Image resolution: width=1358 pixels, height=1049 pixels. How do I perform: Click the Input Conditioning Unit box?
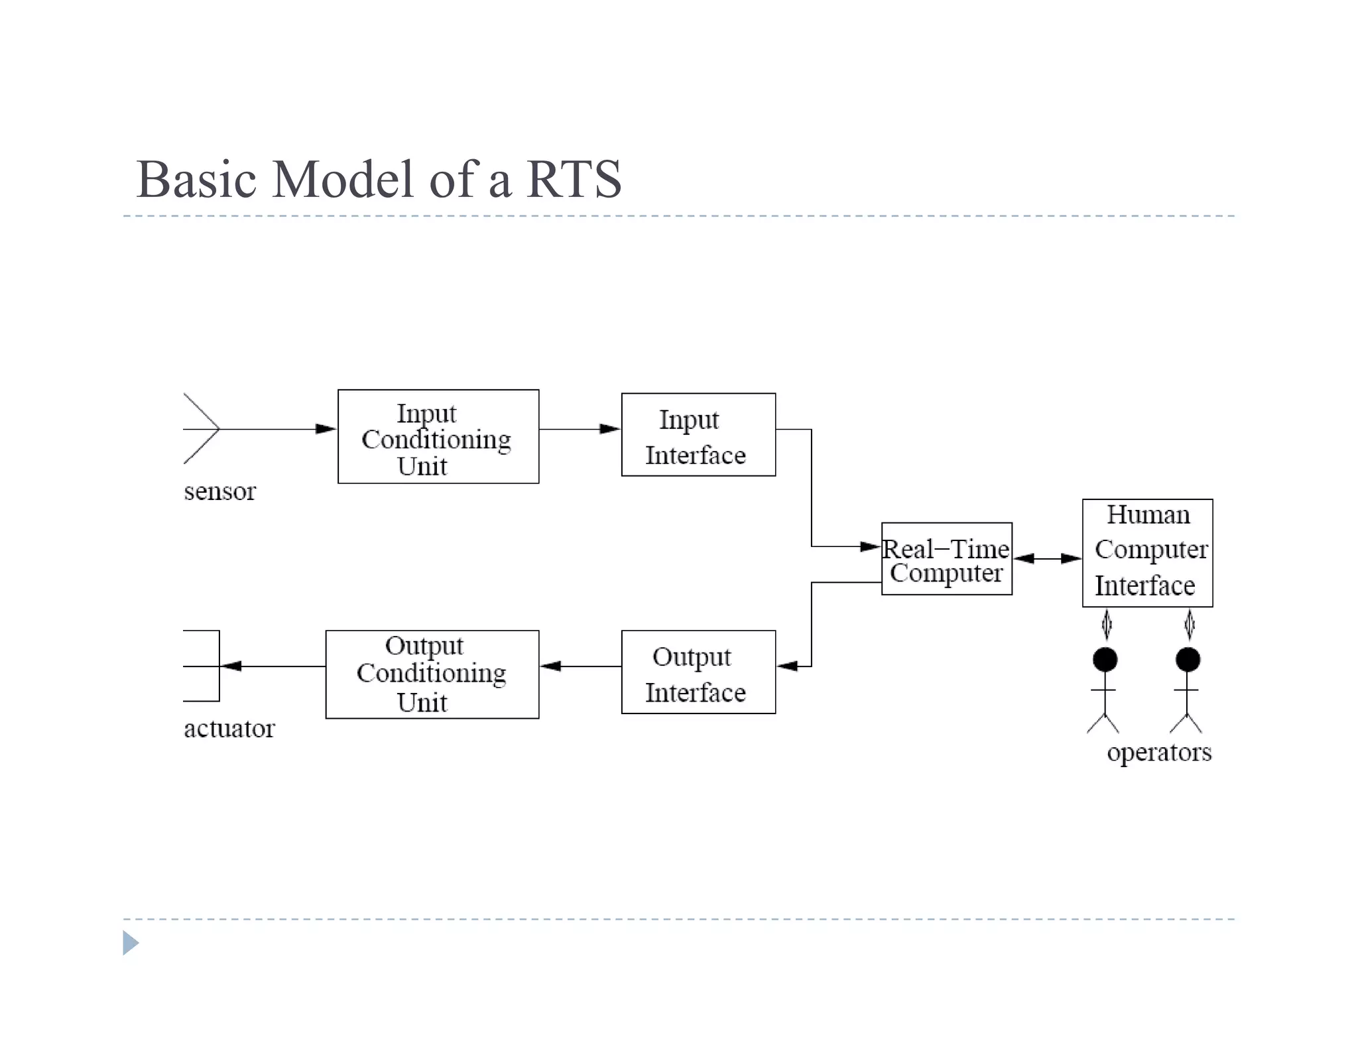tap(438, 436)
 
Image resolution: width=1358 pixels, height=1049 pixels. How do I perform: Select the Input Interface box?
tap(698, 434)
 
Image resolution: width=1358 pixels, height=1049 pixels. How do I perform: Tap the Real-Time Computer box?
tap(946, 558)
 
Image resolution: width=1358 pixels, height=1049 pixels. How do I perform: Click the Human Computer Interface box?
tap(1147, 552)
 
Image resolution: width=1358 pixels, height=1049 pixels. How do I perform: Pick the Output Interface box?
tap(698, 672)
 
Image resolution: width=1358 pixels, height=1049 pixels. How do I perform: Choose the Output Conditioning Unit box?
tap(432, 674)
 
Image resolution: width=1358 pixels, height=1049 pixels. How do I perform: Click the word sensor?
tap(219, 491)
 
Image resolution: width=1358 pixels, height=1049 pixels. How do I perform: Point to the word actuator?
tap(229, 729)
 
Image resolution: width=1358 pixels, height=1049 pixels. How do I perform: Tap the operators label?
tap(1158, 752)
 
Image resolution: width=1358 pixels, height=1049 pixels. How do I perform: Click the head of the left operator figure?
tap(1105, 659)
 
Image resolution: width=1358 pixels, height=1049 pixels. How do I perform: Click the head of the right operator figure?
tap(1188, 659)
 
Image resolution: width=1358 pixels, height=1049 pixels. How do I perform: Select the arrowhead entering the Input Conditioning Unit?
tap(326, 429)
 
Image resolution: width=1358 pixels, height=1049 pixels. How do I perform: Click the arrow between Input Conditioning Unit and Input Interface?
tap(580, 429)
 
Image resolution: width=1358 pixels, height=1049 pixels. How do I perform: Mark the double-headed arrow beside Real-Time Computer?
tap(1047, 558)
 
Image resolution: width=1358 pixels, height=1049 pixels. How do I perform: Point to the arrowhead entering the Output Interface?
tap(788, 666)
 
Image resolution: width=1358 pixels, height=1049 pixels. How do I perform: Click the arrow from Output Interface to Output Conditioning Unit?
tap(580, 666)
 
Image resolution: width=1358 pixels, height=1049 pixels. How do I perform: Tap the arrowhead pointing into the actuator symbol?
tap(231, 666)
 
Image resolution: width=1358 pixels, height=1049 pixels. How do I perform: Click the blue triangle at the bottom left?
tap(131, 942)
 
